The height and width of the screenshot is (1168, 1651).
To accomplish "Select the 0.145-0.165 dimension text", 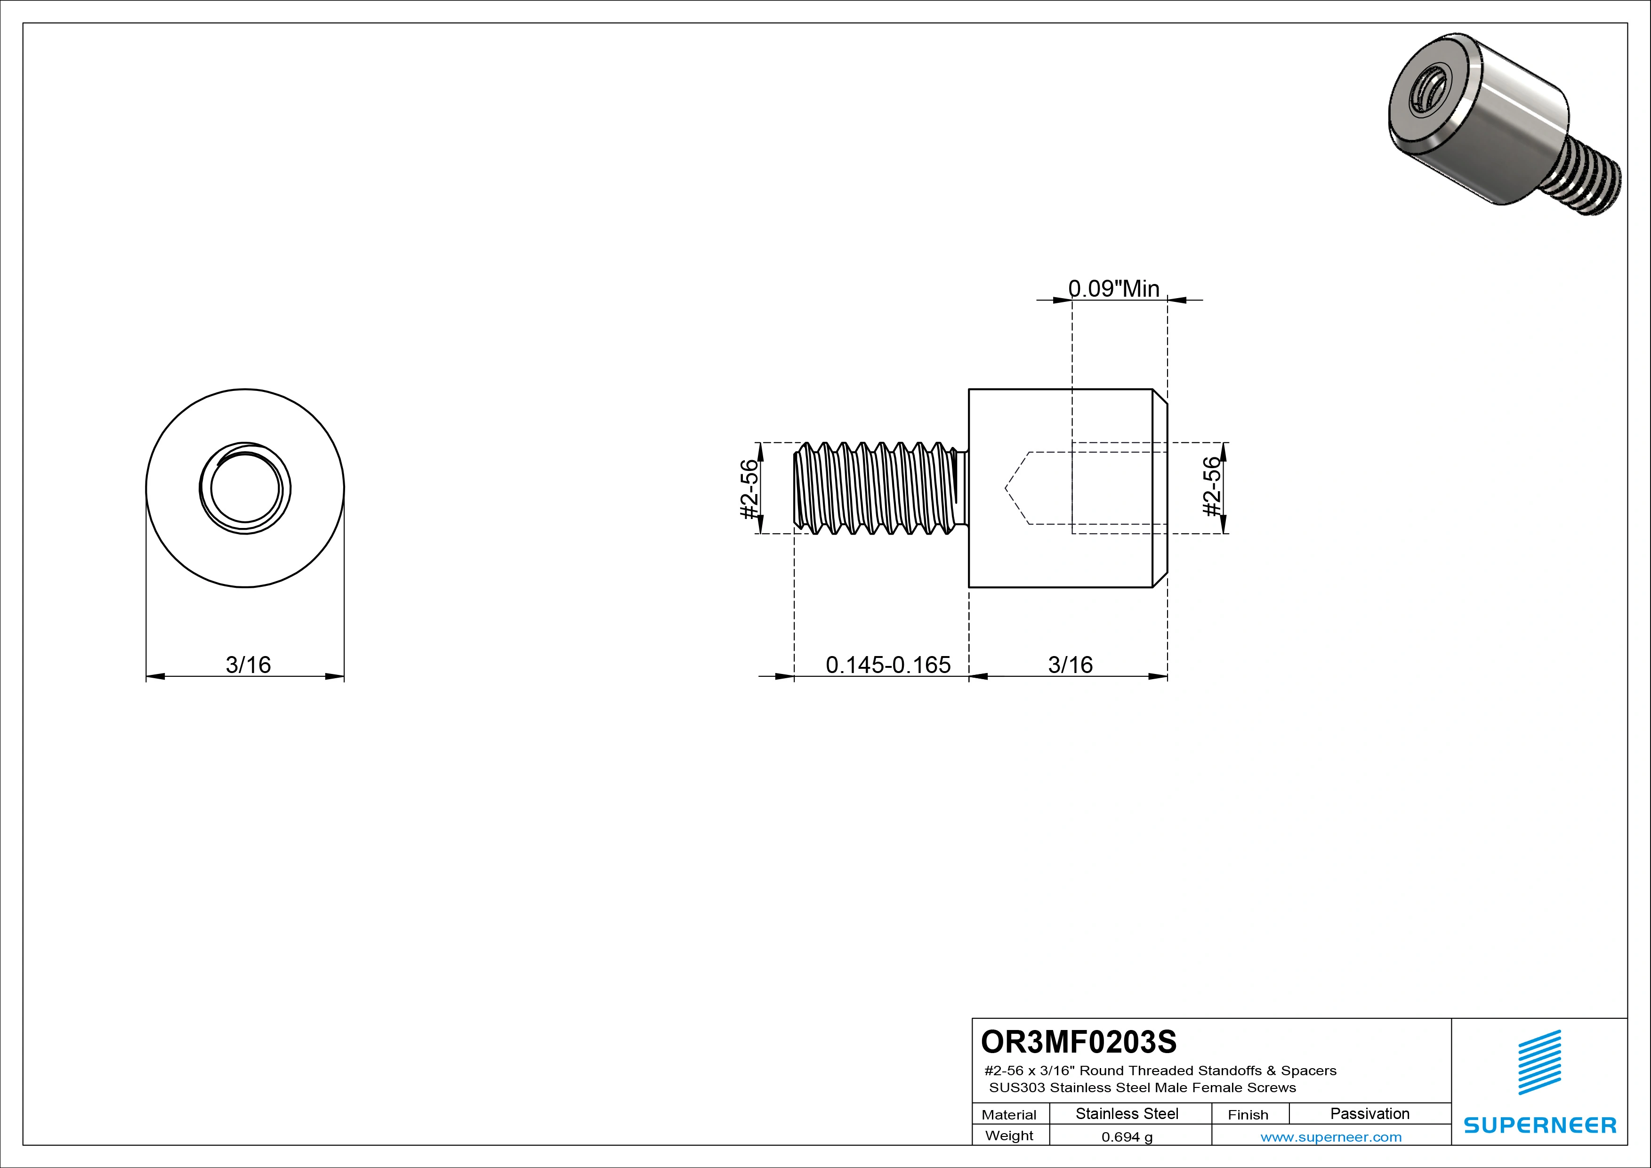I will pyautogui.click(x=887, y=665).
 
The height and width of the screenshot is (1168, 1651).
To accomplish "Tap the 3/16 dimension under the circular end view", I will pyautogui.click(x=248, y=665).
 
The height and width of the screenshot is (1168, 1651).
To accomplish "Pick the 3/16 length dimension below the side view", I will pyautogui.click(x=1070, y=665).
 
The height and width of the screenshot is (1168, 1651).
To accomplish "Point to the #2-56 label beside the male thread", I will pyautogui.click(x=749, y=488).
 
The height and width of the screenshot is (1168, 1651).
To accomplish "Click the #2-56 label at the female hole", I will pyautogui.click(x=1212, y=487).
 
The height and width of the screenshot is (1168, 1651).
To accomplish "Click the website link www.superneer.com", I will pyautogui.click(x=1330, y=1137).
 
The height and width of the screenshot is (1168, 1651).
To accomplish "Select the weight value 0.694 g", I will pyautogui.click(x=1127, y=1137).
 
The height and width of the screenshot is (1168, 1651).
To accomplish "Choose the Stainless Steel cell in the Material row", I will pyautogui.click(x=1127, y=1114).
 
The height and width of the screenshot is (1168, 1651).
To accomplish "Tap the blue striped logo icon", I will pyautogui.click(x=1539, y=1063).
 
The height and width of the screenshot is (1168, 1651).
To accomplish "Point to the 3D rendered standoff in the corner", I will pyautogui.click(x=1496, y=130).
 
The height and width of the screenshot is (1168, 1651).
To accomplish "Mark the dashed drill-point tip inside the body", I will pyautogui.click(x=1007, y=488).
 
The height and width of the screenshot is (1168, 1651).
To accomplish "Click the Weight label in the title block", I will pyautogui.click(x=1009, y=1136).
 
